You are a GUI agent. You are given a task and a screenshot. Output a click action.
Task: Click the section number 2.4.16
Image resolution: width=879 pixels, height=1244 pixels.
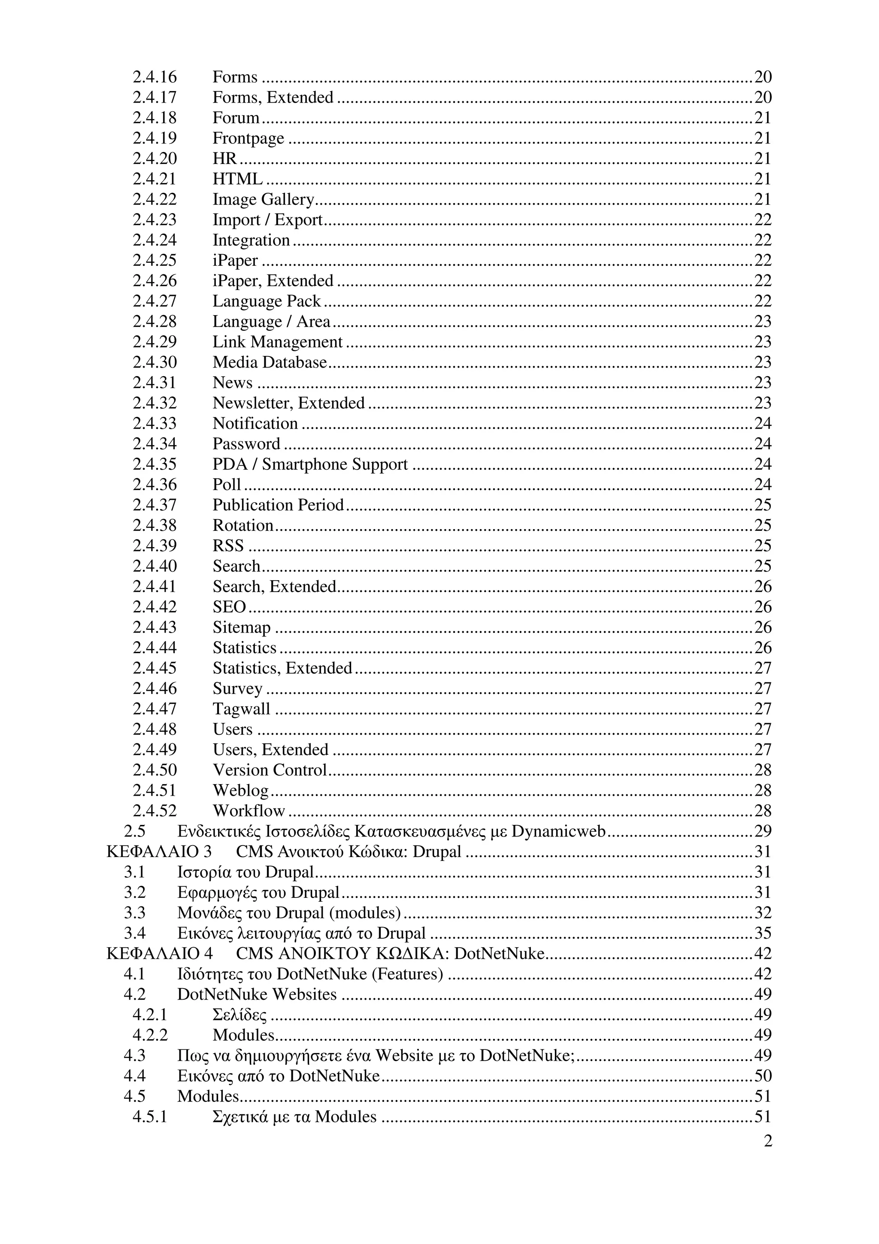[x=155, y=77]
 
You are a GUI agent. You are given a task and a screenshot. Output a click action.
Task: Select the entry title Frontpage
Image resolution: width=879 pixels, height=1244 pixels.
[x=248, y=138]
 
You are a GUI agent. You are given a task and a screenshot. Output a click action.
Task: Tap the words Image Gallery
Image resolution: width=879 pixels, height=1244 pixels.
[x=263, y=199]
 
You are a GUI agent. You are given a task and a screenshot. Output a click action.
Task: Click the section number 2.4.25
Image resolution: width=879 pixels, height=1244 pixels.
[x=155, y=261]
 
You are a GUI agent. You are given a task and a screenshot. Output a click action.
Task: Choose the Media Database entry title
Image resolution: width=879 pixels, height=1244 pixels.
[x=270, y=362]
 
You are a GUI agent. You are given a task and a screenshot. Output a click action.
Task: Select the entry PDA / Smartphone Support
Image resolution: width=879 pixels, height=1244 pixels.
[x=310, y=464]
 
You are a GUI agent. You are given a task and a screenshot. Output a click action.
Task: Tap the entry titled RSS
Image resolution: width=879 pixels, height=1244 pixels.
[x=228, y=546]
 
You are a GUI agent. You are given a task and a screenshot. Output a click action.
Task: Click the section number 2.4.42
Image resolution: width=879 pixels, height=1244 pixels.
[x=155, y=607]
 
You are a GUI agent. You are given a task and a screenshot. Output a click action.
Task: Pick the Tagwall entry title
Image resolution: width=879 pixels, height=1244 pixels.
[x=241, y=709]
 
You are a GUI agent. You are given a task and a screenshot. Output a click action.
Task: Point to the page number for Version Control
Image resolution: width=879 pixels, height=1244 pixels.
[x=763, y=770]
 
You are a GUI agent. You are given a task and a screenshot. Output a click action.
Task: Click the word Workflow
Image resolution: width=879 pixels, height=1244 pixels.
[x=249, y=811]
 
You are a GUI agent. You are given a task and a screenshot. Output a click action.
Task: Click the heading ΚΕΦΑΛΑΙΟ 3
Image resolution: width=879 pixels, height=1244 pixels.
[x=159, y=852]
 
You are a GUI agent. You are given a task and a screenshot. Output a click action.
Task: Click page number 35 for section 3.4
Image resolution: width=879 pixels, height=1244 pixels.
[x=763, y=933]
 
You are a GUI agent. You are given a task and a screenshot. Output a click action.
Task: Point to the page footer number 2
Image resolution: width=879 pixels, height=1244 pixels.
[x=767, y=1141]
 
